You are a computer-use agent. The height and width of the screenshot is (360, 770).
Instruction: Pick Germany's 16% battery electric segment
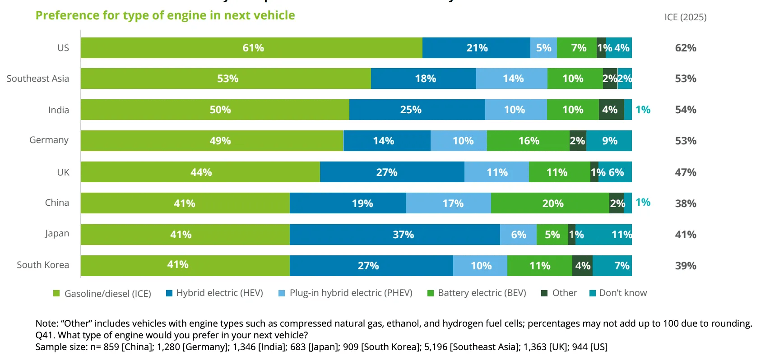pyautogui.click(x=528, y=141)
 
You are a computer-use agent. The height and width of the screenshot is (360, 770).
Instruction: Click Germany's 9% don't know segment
pyautogui.click(x=609, y=141)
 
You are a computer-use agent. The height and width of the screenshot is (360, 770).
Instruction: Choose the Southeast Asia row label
pyautogui.click(x=38, y=78)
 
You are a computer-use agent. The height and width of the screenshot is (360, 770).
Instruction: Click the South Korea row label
pyautogui.click(x=43, y=265)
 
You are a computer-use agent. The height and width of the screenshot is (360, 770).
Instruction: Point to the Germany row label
pyautogui.click(x=49, y=140)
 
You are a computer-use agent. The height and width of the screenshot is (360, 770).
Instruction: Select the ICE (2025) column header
pyautogui.click(x=685, y=17)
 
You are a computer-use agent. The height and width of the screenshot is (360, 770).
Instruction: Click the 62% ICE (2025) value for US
pyautogui.click(x=685, y=48)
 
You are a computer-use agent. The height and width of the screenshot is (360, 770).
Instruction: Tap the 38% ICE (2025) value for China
pyautogui.click(x=685, y=203)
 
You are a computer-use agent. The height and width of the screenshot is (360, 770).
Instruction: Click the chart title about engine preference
pyautogui.click(x=165, y=15)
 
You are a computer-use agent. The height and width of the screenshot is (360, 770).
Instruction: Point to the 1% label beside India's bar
pyautogui.click(x=643, y=110)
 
